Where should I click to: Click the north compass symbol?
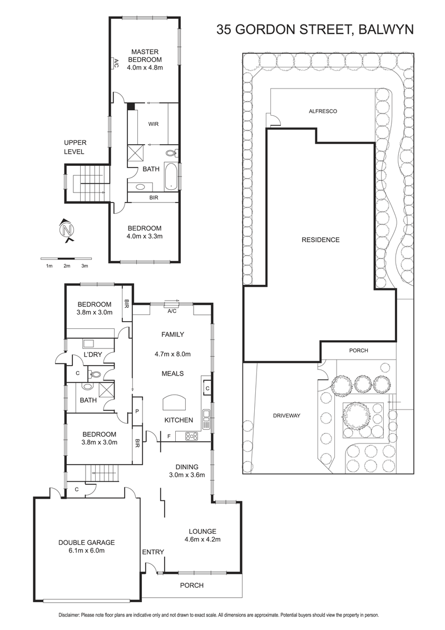(x=67, y=230)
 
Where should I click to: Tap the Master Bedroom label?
(x=145, y=60)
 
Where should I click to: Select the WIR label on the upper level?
(x=153, y=124)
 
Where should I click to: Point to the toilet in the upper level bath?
(x=171, y=152)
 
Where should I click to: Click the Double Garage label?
(x=87, y=547)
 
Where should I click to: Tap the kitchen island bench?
(x=174, y=402)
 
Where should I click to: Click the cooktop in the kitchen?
(x=192, y=436)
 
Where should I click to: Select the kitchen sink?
(x=206, y=419)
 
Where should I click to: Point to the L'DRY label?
(x=93, y=355)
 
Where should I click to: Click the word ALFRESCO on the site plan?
(x=323, y=111)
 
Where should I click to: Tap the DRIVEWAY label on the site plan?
(x=287, y=415)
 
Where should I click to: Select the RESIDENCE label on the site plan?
(x=320, y=240)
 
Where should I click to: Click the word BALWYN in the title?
(x=385, y=29)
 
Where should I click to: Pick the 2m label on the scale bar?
(x=67, y=266)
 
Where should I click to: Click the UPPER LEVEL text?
(x=75, y=147)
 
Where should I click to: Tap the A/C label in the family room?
(x=172, y=311)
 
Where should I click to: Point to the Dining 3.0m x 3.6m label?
(x=187, y=471)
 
